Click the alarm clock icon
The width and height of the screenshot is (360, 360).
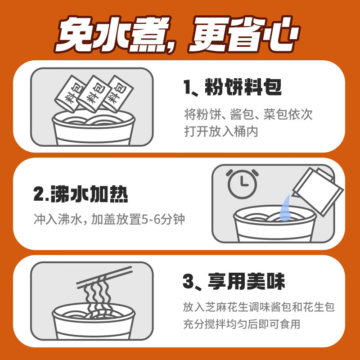tap(242, 184)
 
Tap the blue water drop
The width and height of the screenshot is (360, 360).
tap(285, 208)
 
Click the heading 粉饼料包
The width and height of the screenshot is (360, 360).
tap(243, 87)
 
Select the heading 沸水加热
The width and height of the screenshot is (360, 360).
tap(89, 194)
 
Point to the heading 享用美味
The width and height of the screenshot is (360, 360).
tap(246, 281)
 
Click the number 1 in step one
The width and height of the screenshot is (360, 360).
tap(187, 87)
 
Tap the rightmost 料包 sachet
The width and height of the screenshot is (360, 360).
tap(117, 94)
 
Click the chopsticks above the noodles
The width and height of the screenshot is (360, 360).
tap(104, 277)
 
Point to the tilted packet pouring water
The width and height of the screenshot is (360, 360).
tap(318, 192)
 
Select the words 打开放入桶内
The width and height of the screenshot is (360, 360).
tap(221, 131)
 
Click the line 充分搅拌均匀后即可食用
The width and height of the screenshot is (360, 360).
tap(242, 324)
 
